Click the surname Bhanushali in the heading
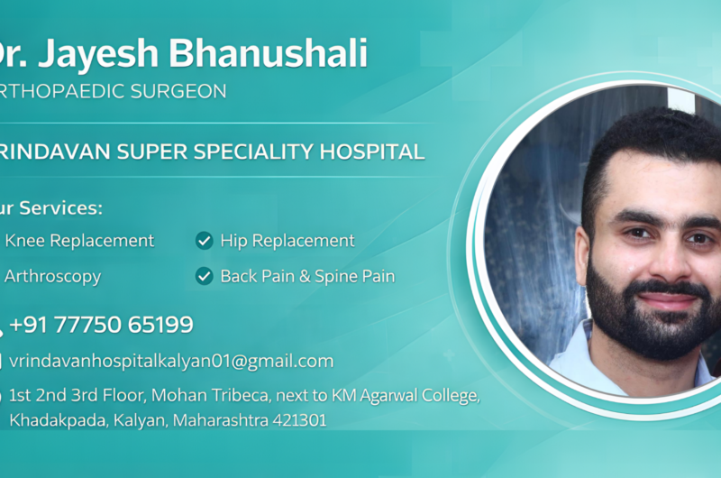[269, 54]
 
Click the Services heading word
[62, 208]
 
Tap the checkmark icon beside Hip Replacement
[205, 241]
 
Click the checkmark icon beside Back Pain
[205, 277]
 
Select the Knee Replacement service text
[79, 241]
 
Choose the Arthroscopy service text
[52, 277]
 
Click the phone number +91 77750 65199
[101, 325]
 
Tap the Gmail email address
[171, 361]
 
